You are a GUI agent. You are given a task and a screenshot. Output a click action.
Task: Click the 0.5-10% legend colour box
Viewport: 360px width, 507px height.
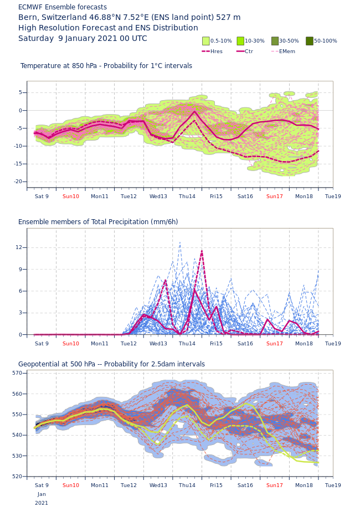tap(206, 41)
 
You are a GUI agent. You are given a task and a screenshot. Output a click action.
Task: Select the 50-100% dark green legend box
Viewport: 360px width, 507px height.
tap(310, 41)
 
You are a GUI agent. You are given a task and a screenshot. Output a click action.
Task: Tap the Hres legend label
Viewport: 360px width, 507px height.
tap(216, 51)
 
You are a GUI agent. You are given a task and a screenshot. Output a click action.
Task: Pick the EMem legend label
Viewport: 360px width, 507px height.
tap(287, 51)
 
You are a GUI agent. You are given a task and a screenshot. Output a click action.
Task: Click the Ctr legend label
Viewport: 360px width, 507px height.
tap(249, 51)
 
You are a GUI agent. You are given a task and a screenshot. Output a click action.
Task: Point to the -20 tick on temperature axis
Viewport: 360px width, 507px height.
tap(18, 182)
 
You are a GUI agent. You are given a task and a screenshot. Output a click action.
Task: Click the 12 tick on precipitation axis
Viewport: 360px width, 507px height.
tap(19, 247)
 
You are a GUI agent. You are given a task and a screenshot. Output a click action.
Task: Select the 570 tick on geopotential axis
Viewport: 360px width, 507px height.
tap(17, 373)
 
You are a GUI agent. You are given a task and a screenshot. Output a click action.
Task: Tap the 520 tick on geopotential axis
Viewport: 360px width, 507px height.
tap(17, 477)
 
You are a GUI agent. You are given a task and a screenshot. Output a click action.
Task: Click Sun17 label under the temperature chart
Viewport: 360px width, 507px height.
tap(275, 196)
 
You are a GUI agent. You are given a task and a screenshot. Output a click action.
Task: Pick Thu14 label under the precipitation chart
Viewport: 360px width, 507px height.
tap(187, 344)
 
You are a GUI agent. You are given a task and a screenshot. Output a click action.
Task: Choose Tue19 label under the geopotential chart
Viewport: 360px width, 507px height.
tap(333, 485)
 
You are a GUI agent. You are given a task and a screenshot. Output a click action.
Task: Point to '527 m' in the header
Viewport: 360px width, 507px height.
tap(228, 18)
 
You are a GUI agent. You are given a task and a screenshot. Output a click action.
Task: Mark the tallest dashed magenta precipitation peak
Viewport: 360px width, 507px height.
tap(202, 251)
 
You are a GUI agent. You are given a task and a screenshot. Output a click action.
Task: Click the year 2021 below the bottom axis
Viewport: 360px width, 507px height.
tap(42, 503)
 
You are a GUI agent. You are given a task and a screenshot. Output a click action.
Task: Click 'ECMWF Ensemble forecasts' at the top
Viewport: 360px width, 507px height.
tap(63, 7)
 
